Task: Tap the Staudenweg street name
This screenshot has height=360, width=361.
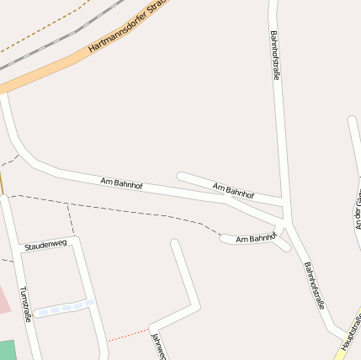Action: click(45, 245)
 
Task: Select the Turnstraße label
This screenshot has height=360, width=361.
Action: click(26, 304)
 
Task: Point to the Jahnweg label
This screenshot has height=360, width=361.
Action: click(158, 347)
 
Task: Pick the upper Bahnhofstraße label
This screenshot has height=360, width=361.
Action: click(275, 56)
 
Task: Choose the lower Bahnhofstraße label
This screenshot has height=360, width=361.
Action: click(315, 286)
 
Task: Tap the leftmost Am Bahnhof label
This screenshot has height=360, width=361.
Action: click(121, 182)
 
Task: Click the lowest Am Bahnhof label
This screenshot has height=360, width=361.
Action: click(256, 239)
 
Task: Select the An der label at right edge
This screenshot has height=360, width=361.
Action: click(357, 210)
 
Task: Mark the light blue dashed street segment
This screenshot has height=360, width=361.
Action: click(64, 308)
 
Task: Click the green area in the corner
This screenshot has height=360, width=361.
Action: click(7, 350)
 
